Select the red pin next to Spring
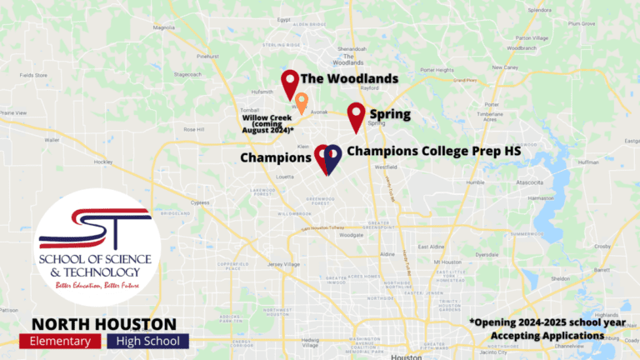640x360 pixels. click(356, 116)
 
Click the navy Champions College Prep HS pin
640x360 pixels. click(332, 157)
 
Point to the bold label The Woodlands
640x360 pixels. click(349, 79)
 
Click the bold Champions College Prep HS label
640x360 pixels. click(432, 151)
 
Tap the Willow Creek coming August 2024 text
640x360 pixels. click(267, 125)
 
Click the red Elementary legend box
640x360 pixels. click(59, 342)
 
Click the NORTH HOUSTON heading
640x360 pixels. click(104, 323)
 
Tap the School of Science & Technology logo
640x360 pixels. click(95, 247)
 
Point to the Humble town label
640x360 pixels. click(476, 182)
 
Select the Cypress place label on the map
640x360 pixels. click(200, 202)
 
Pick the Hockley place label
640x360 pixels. click(104, 162)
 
